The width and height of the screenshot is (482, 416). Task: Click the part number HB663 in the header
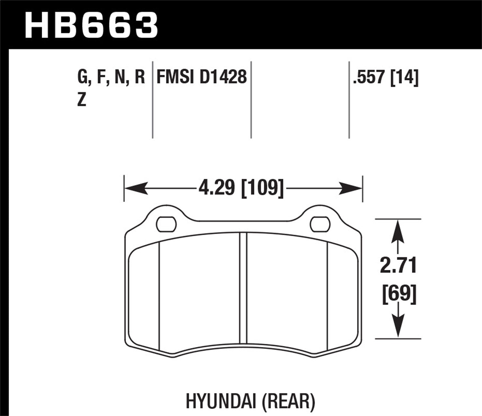(x=91, y=25)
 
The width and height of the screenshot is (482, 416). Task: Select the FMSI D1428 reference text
(x=201, y=77)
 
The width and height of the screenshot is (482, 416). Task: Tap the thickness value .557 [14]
(x=385, y=77)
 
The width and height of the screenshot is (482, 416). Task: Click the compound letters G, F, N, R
(x=111, y=77)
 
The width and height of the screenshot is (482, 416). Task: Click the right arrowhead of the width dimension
(x=351, y=188)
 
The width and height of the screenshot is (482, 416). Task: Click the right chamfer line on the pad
(x=327, y=295)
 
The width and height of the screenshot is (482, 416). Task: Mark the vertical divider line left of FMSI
(x=152, y=100)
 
